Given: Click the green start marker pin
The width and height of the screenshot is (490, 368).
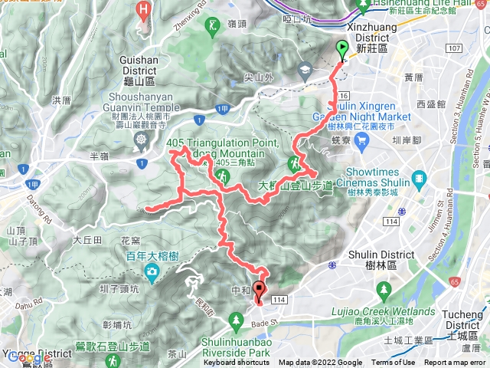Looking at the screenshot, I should (x=341, y=50).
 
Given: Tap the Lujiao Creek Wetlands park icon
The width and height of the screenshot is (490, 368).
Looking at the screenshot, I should (x=381, y=289).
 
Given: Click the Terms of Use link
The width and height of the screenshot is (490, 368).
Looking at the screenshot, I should (x=394, y=363).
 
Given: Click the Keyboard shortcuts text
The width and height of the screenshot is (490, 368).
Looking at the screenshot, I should (x=237, y=363).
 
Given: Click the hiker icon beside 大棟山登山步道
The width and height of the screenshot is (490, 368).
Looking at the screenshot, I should (x=293, y=163).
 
